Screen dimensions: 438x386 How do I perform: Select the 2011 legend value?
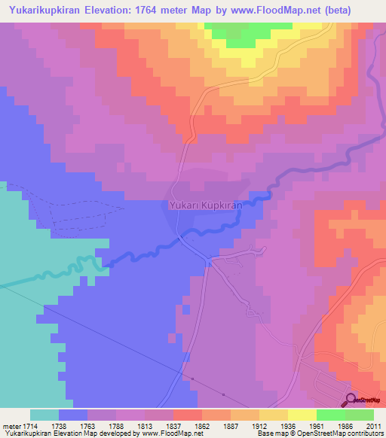point(373,425)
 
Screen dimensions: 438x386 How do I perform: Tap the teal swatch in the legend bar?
point(44,415)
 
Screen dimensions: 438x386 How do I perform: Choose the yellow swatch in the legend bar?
point(302,415)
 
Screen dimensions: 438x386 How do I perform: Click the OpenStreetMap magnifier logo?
point(350,400)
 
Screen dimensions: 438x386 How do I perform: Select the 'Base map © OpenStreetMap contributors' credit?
point(318,433)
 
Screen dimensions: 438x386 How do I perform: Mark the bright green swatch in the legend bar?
point(330,415)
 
